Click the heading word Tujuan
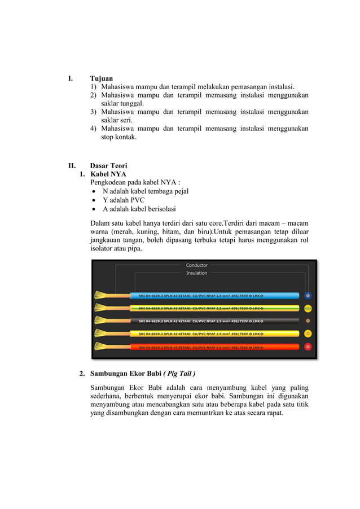click(102, 78)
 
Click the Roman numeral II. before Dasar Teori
click(72, 165)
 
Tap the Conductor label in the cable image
click(197, 265)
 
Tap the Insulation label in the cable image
click(197, 273)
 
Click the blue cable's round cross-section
click(308, 295)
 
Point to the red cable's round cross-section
click(308, 346)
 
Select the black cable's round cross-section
click(308, 321)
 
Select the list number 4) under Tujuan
click(94, 129)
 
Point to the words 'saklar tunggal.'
click(122, 104)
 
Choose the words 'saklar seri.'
click(117, 120)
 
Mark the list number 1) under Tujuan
click(94, 87)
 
